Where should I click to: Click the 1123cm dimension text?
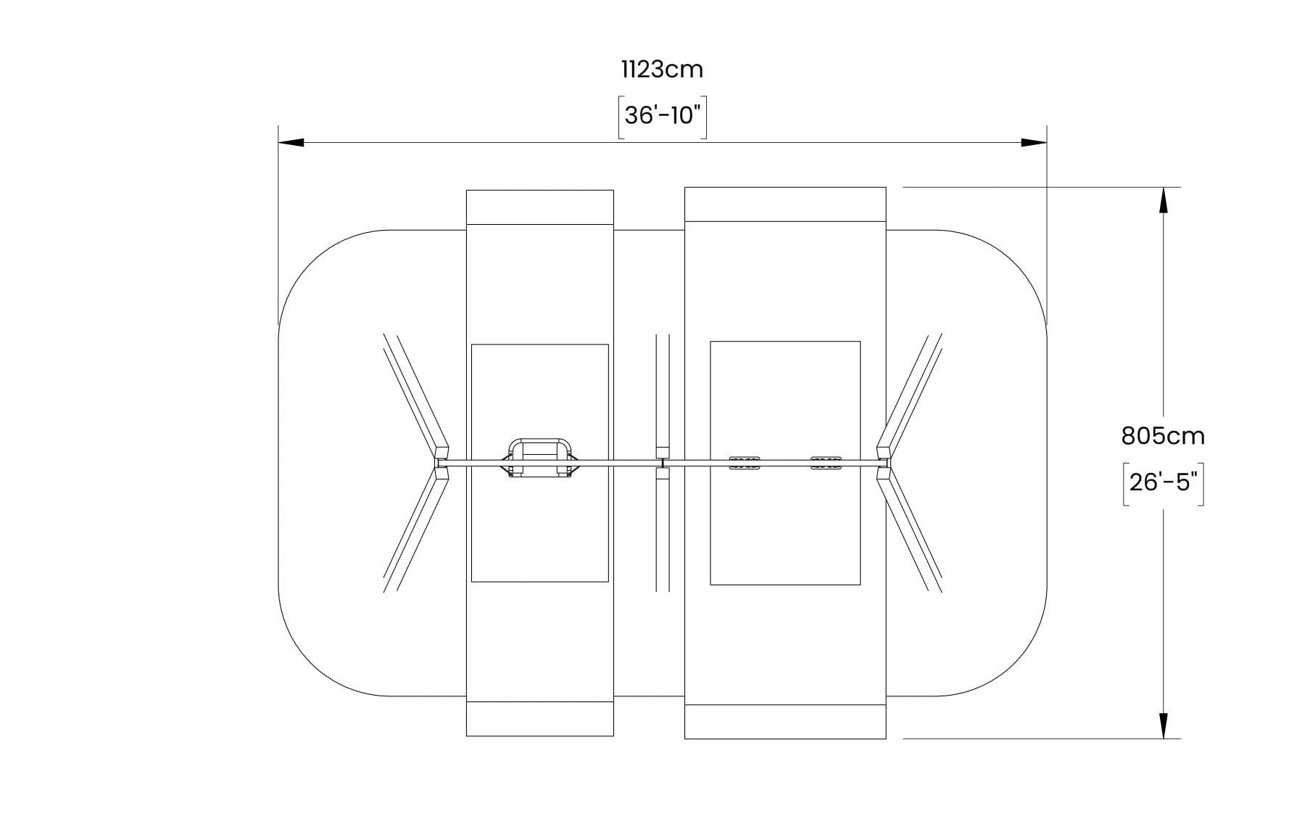click(x=662, y=70)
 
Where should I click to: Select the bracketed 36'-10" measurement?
click(x=662, y=116)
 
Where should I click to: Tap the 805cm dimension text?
click(x=1163, y=436)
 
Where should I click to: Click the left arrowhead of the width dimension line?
click(x=291, y=142)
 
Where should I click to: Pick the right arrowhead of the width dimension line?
click(x=1034, y=142)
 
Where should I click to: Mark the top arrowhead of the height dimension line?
click(x=1164, y=200)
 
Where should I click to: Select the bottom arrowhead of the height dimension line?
click(x=1164, y=726)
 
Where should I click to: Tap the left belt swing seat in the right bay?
click(x=744, y=463)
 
